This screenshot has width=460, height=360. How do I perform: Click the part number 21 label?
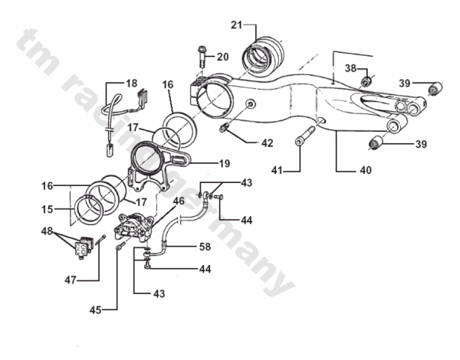tap(236, 25)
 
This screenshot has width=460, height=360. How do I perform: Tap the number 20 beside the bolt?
tap(222, 57)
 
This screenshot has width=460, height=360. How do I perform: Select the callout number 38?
tap(350, 68)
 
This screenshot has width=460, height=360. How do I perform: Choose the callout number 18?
tap(131, 83)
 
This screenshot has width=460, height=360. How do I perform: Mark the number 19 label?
tap(224, 163)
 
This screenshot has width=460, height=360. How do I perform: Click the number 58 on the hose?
tap(205, 247)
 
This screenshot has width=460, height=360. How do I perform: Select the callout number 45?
tap(95, 310)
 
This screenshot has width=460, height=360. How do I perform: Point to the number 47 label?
tap(71, 280)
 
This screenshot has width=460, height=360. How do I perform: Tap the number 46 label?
tap(179, 202)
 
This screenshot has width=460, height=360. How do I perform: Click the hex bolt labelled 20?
tap(202, 56)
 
